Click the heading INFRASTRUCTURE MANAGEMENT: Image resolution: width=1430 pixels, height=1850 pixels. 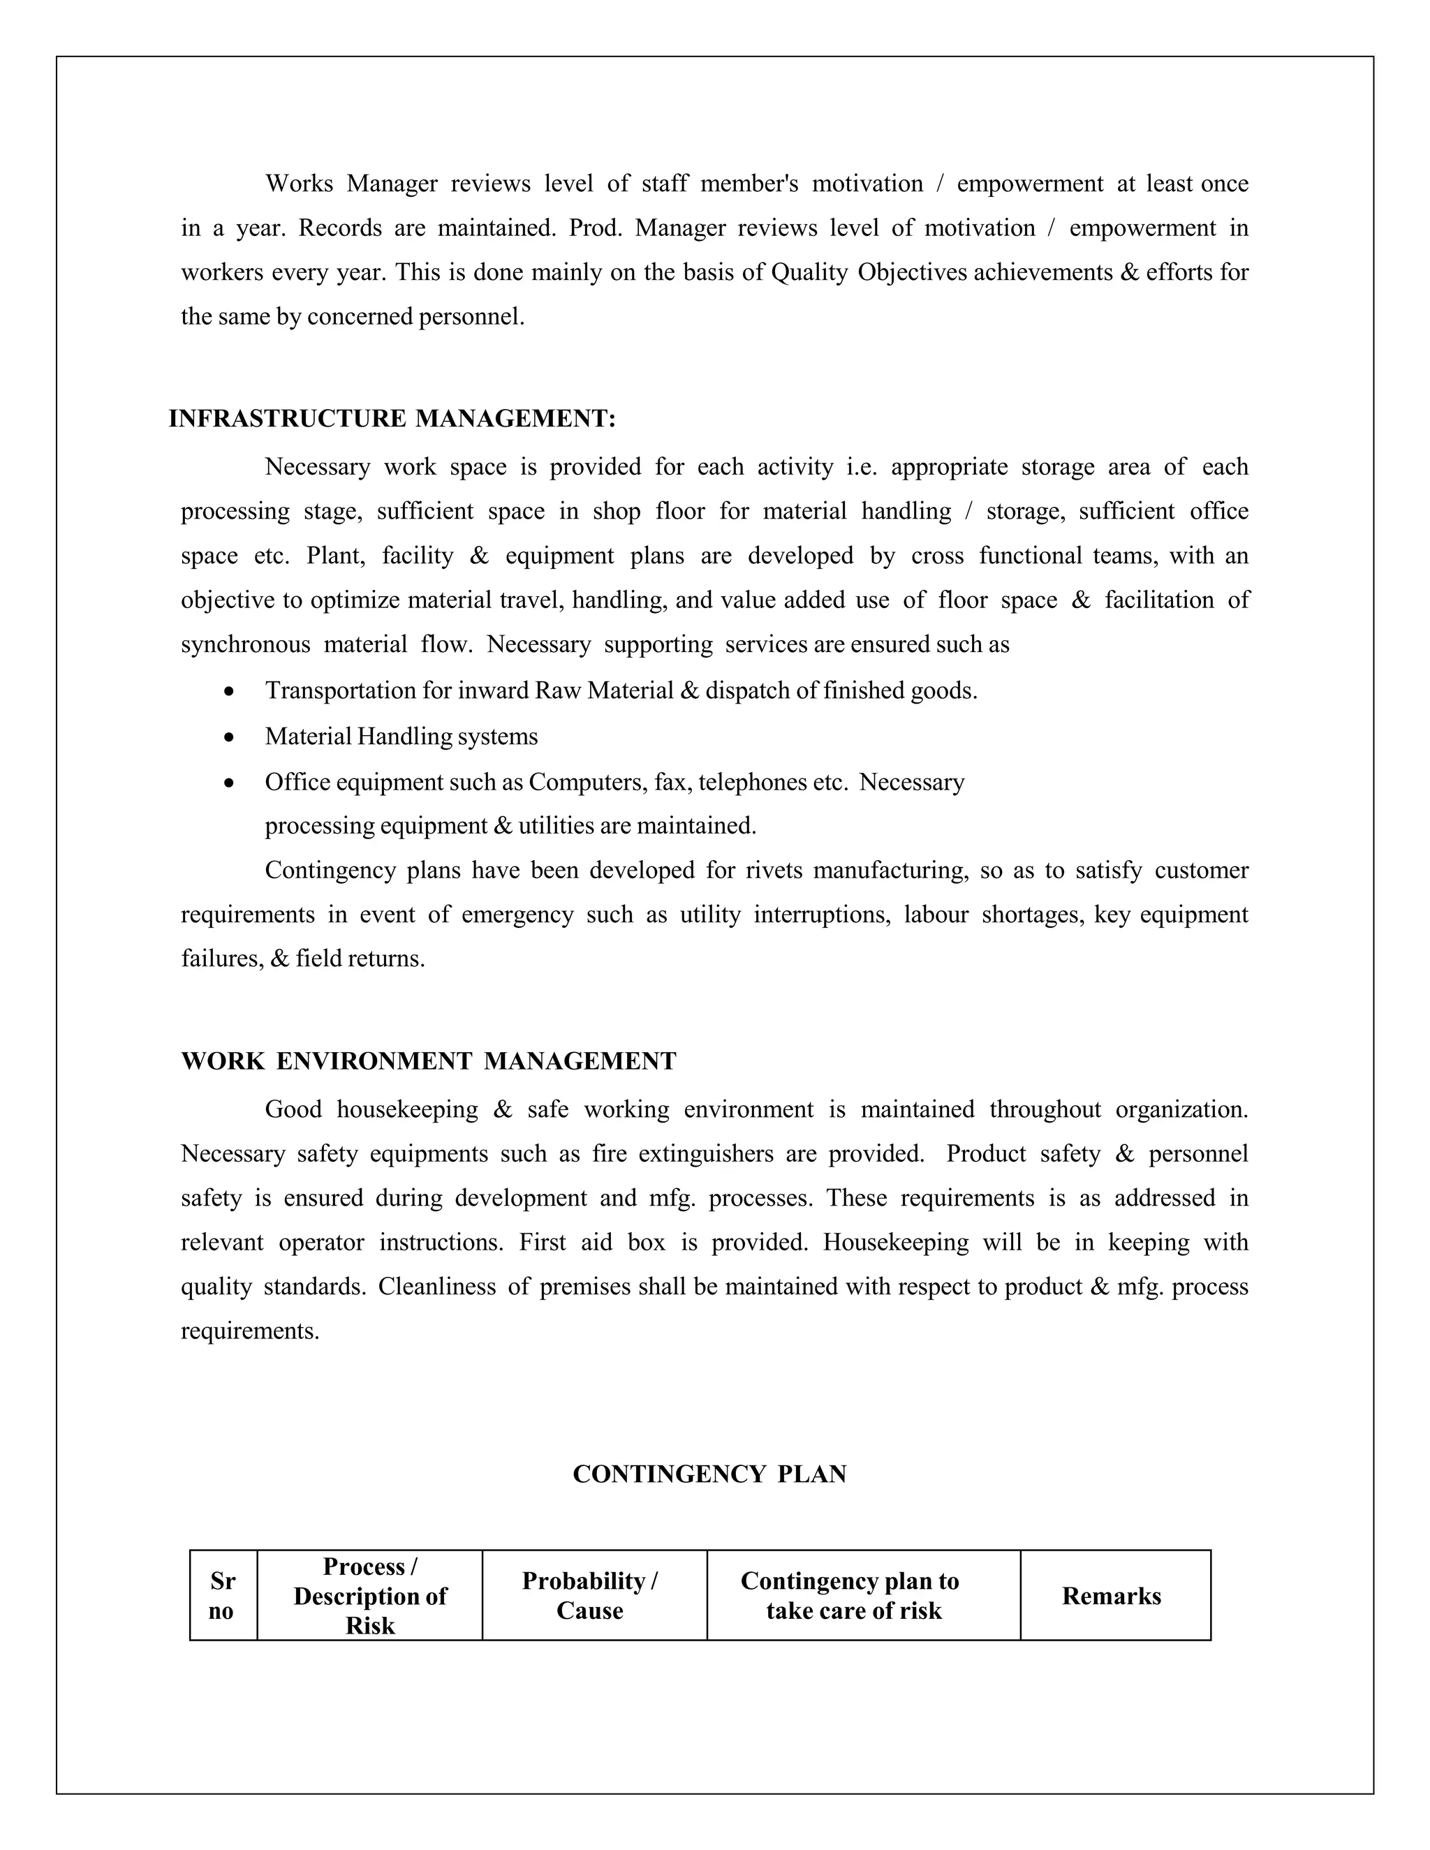click(392, 418)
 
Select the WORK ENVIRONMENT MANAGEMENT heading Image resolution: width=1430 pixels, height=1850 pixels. click(429, 1061)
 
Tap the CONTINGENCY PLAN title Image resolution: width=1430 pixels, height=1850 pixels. click(709, 1474)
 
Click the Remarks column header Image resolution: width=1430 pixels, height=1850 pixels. click(1112, 1596)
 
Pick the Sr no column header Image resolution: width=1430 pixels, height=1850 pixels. click(222, 1596)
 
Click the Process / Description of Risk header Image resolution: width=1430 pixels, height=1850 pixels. click(369, 1596)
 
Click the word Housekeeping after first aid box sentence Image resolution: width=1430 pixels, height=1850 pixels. click(895, 1243)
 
